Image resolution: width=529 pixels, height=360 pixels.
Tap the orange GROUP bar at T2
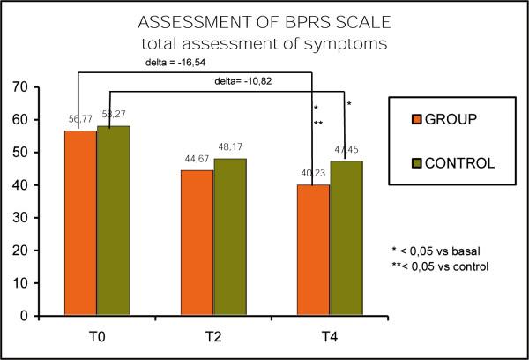(197, 243)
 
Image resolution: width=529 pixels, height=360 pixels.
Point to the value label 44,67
(196, 159)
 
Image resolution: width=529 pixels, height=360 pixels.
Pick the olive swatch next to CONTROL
(406, 161)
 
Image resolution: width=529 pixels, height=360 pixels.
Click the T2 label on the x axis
(212, 335)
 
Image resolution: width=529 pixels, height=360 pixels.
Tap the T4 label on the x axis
(329, 335)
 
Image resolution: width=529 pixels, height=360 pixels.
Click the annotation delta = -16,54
(177, 64)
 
